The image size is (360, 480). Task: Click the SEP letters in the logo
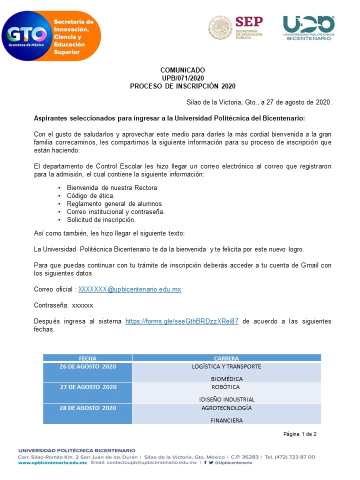pos(248,22)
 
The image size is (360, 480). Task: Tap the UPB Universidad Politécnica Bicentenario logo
pos(308,27)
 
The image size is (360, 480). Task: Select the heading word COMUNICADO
pos(182,70)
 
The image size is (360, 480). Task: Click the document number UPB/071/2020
pos(182,78)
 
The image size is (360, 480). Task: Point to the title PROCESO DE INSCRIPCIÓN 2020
pos(182,86)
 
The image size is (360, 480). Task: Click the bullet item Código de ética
pos(90,195)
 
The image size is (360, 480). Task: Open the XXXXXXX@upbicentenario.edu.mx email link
pos(129,289)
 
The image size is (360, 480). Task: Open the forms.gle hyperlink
pos(181,321)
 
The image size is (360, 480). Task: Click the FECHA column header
pos(87,358)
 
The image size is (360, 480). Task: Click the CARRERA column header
pos(226,358)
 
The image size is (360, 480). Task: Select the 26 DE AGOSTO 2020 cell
pos(87,367)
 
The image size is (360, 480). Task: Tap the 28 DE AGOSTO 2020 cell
pos(87,408)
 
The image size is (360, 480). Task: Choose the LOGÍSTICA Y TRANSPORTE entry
pos(226,366)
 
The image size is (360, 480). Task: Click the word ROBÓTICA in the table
pos(226,387)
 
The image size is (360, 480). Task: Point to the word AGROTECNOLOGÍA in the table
pos(226,408)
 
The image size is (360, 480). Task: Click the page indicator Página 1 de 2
pos(300,434)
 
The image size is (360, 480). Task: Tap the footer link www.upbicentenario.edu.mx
pos(52,463)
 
